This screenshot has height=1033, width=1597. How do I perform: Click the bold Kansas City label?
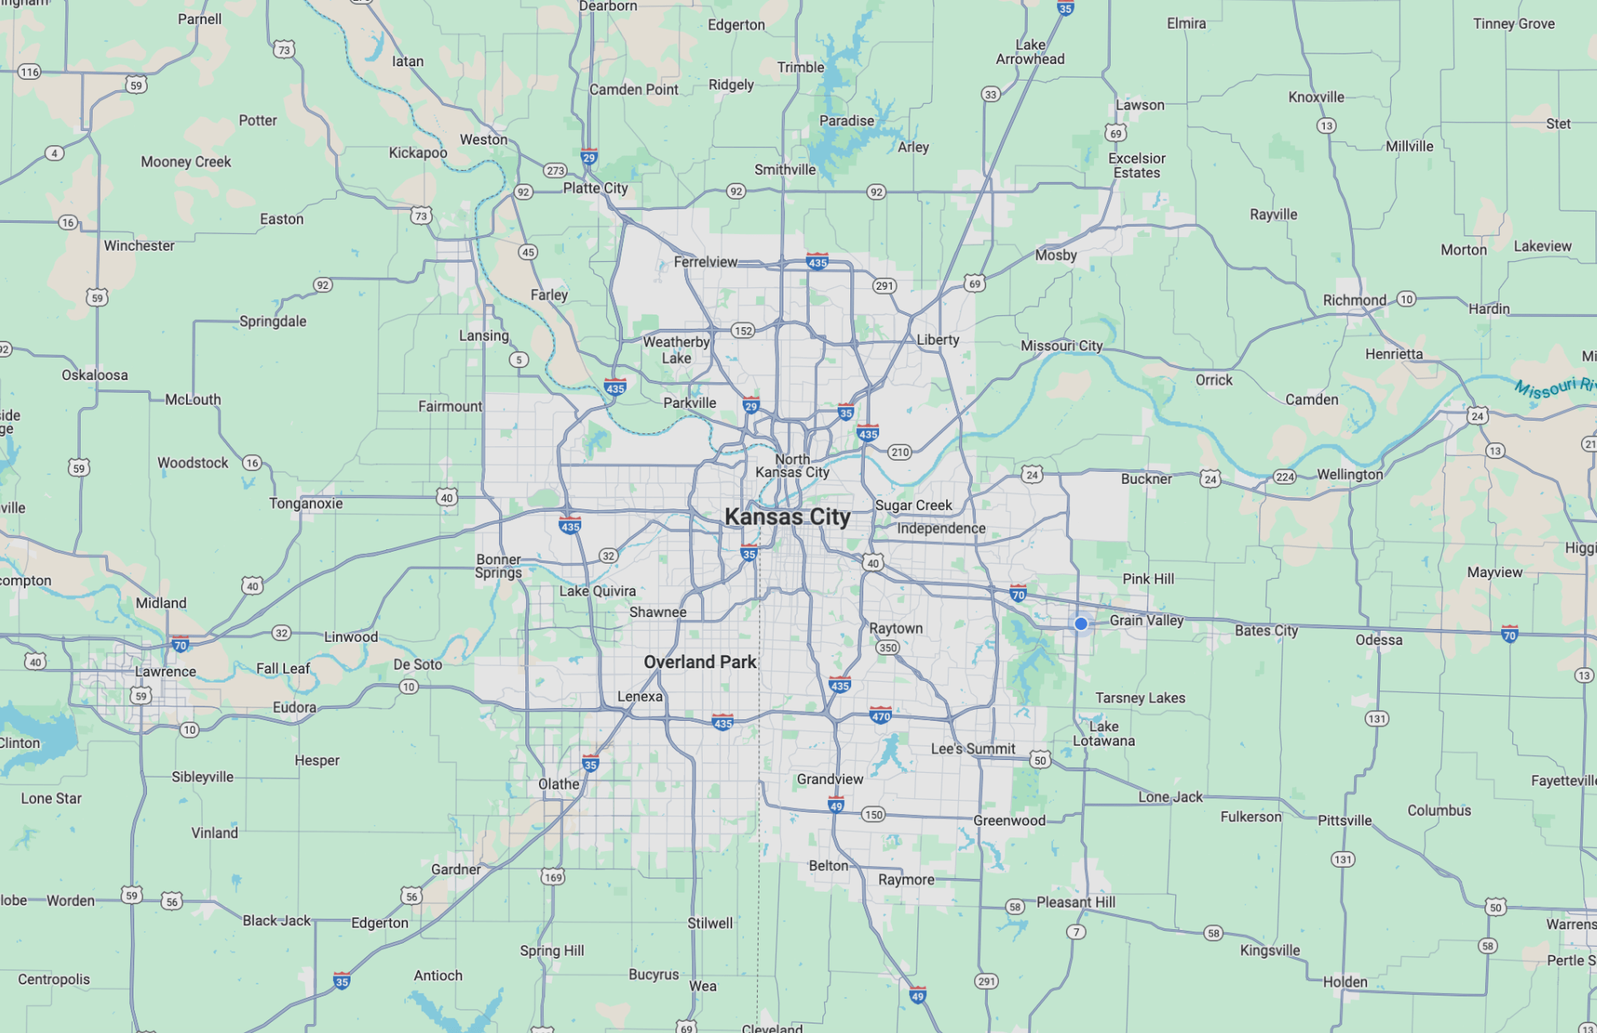(x=787, y=517)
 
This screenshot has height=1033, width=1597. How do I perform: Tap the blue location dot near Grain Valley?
(x=1080, y=623)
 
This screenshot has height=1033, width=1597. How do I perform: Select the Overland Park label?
(x=699, y=662)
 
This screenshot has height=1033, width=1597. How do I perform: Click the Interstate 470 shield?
(x=881, y=715)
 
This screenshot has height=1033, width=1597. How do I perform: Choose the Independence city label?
(x=941, y=528)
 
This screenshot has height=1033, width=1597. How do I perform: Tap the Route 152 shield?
(x=743, y=330)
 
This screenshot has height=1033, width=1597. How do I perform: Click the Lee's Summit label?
(x=973, y=749)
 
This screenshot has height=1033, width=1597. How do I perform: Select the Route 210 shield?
(x=900, y=452)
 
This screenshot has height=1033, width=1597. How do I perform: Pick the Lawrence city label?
(x=165, y=671)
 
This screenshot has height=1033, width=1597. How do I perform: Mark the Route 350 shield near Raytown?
(x=888, y=647)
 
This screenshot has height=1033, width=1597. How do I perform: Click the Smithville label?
(x=785, y=169)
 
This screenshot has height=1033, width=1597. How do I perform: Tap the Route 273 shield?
(x=555, y=170)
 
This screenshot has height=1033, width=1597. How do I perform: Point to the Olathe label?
(x=559, y=784)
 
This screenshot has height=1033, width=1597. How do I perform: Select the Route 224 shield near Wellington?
(x=1284, y=477)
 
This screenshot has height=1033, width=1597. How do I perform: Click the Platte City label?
(x=595, y=188)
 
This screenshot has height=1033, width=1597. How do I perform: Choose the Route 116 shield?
(x=30, y=72)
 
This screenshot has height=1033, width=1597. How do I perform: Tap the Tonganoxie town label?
(x=306, y=503)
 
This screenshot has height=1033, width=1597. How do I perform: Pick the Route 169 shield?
(x=553, y=877)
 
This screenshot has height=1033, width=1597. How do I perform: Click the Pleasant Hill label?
(x=1076, y=902)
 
